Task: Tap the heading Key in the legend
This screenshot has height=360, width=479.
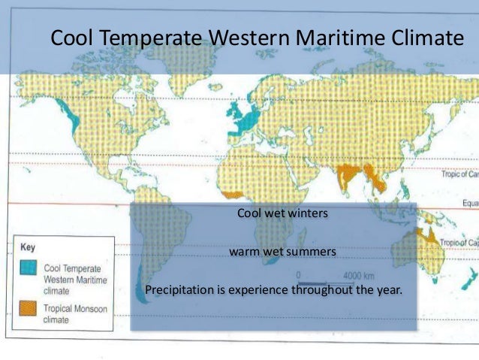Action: [x=27, y=246]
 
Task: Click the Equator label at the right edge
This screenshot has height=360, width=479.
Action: [x=469, y=202]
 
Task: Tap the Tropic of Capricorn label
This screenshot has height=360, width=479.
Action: [x=460, y=243]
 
